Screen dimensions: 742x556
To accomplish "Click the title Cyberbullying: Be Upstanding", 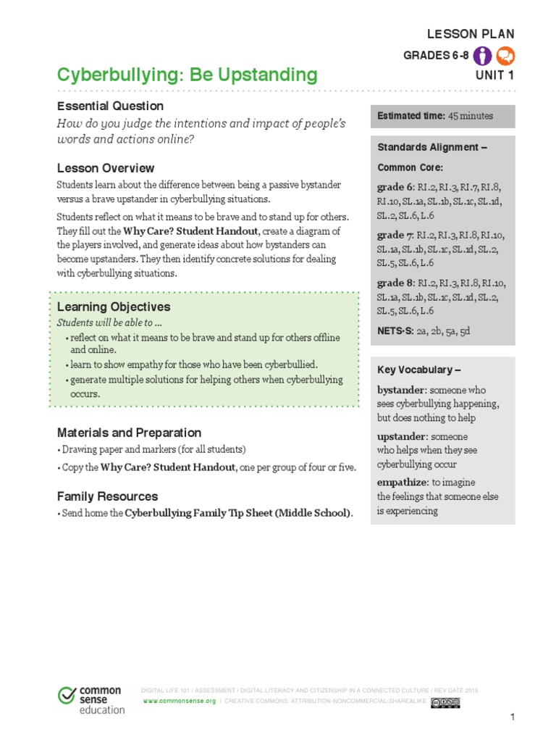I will [x=187, y=75].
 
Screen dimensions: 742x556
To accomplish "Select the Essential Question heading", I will [x=110, y=106].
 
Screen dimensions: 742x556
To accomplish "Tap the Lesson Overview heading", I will [x=106, y=168].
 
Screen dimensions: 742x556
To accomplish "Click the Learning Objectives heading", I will [x=114, y=307].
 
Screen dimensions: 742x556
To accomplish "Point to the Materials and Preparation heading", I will [x=129, y=433].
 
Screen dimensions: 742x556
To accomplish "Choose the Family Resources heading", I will [x=107, y=496].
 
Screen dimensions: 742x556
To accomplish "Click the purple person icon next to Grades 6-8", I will [x=484, y=56].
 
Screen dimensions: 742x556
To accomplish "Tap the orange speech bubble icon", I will [x=506, y=56].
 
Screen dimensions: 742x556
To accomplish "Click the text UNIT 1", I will [x=495, y=75].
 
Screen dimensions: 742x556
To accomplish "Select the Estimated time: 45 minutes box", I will [x=442, y=116].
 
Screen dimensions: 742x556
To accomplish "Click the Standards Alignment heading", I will [x=431, y=147].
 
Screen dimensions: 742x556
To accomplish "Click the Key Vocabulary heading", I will [x=419, y=370].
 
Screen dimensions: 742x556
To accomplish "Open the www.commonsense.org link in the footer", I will [x=180, y=702].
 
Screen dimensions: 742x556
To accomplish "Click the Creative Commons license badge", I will [x=445, y=702].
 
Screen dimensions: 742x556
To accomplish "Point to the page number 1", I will [x=512, y=717].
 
